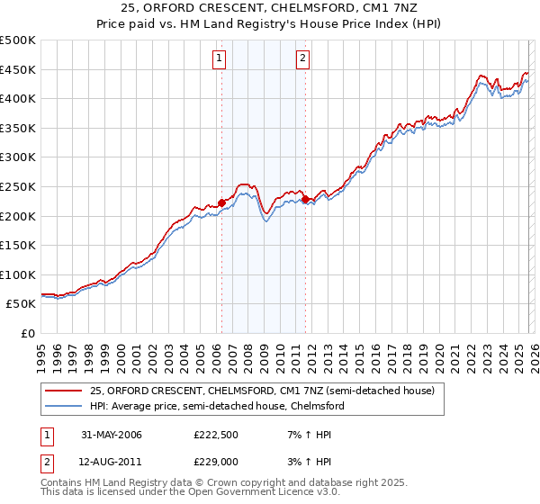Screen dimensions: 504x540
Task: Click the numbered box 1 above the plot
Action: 220,59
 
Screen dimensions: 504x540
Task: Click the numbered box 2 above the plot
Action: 302,59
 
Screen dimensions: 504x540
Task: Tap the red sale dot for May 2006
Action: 221,202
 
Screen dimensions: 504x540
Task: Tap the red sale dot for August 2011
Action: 305,199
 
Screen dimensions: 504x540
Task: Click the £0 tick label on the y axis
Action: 27,333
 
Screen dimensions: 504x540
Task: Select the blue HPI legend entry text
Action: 217,406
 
